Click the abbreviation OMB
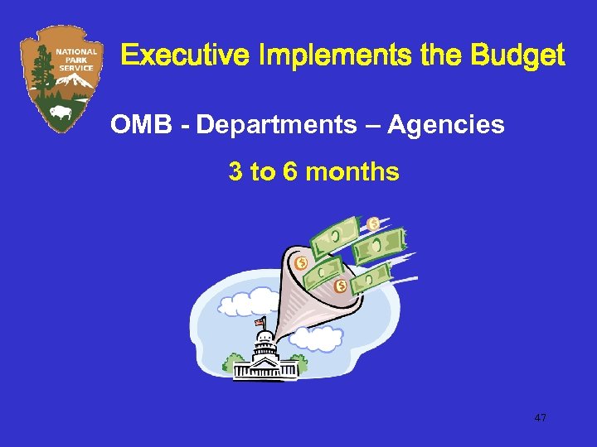pyautogui.click(x=137, y=125)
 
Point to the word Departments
pyautogui.click(x=267, y=125)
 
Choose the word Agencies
pyautogui.click(x=446, y=125)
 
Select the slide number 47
pyautogui.click(x=540, y=418)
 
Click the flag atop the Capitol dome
pyautogui.click(x=259, y=321)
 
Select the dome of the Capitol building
pyautogui.click(x=265, y=340)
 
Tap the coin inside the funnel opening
pyautogui.click(x=301, y=263)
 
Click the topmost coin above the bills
pyautogui.click(x=373, y=223)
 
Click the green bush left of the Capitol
pyautogui.click(x=232, y=363)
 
